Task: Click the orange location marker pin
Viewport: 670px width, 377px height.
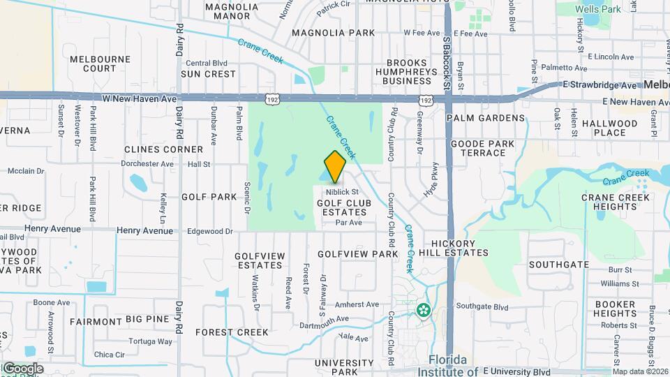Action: tap(335, 166)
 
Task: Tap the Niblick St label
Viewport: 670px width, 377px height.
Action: tap(341, 191)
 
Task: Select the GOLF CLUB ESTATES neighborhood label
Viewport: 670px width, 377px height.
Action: tap(342, 207)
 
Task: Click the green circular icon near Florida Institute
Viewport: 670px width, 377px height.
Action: tap(422, 310)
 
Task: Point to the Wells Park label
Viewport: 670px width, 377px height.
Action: tap(599, 10)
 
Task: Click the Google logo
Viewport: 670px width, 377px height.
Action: tap(22, 368)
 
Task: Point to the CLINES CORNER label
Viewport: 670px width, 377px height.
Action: tap(163, 149)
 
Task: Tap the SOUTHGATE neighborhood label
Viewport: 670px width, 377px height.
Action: tap(558, 265)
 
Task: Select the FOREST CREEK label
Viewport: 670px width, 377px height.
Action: tap(232, 332)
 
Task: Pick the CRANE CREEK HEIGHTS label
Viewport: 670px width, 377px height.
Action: tap(616, 202)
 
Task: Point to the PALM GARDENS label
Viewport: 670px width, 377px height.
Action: tap(485, 118)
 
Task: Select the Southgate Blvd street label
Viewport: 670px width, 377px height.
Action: tap(482, 306)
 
